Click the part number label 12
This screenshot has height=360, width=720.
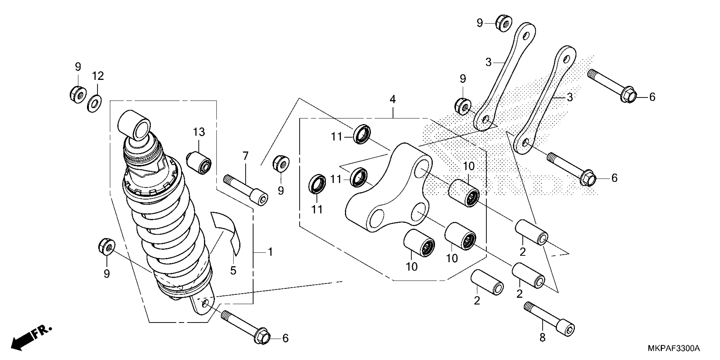[98, 76]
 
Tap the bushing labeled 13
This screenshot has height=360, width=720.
[199, 162]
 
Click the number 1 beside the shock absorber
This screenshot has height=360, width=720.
[270, 252]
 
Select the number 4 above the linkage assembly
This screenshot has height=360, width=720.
[393, 99]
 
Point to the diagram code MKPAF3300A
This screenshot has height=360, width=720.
[674, 348]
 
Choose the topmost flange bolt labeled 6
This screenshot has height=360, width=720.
[612, 86]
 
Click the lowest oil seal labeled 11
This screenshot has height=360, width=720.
[317, 183]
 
